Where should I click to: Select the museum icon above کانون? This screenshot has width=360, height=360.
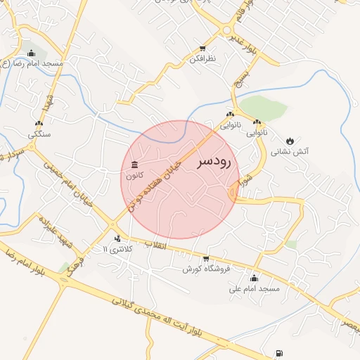(134, 165)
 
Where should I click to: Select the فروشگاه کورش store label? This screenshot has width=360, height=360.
(207, 269)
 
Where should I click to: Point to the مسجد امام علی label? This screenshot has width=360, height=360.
(259, 289)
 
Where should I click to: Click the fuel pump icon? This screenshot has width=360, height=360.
(281, 353)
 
